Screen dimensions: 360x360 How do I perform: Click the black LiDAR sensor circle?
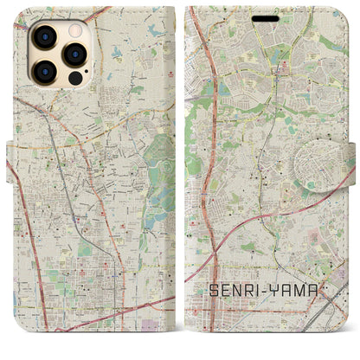(x=75, y=79)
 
